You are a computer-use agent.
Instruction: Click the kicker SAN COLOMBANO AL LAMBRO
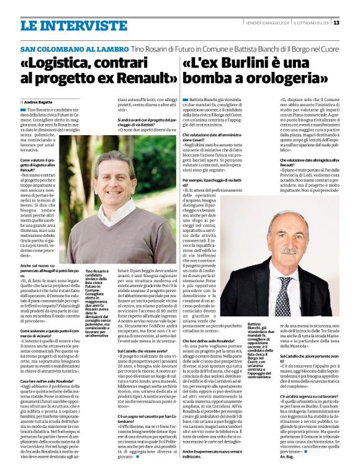pyautogui.click(x=61, y=49)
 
